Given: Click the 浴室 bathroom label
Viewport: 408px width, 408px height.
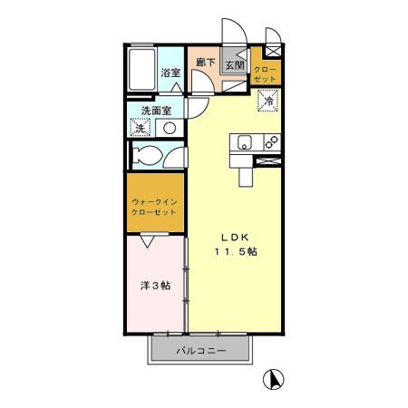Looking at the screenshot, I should click(170, 73).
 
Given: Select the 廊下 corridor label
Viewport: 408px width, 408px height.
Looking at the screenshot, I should click(205, 63).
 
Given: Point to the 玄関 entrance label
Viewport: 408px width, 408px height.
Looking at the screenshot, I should click(234, 64).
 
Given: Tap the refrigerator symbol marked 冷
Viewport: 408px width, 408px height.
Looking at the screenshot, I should click(268, 102).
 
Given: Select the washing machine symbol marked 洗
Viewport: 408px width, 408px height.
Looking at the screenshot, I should click(140, 128).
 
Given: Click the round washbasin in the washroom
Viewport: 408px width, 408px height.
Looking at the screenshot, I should click(169, 128).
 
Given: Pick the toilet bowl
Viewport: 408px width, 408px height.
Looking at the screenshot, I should click(145, 155).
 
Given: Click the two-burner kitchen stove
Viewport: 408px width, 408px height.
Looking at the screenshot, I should click(268, 142).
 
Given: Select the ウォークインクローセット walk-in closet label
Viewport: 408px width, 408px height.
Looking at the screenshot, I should click(153, 206).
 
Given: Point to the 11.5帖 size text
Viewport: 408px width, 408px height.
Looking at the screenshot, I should click(234, 252).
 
